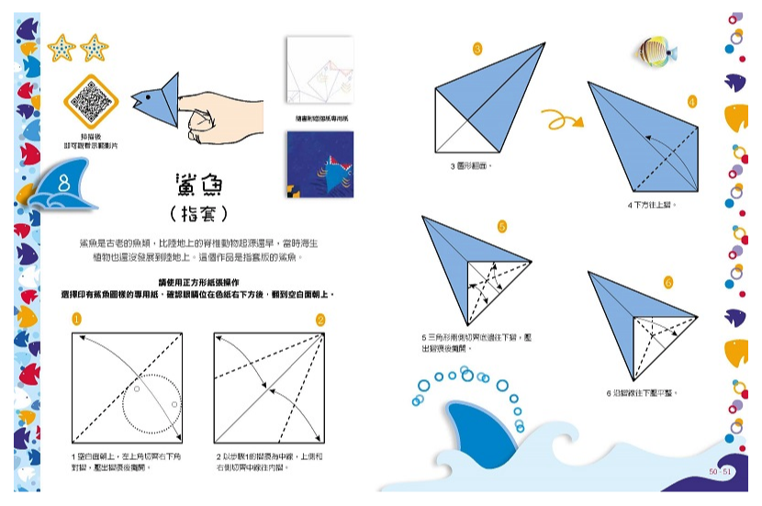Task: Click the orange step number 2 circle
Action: pyautogui.click(x=320, y=320)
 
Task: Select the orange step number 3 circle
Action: pyautogui.click(x=476, y=49)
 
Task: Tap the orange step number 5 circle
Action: pyautogui.click(x=502, y=226)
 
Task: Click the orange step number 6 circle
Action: pyautogui.click(x=667, y=282)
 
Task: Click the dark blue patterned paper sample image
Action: pyautogui.click(x=319, y=164)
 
